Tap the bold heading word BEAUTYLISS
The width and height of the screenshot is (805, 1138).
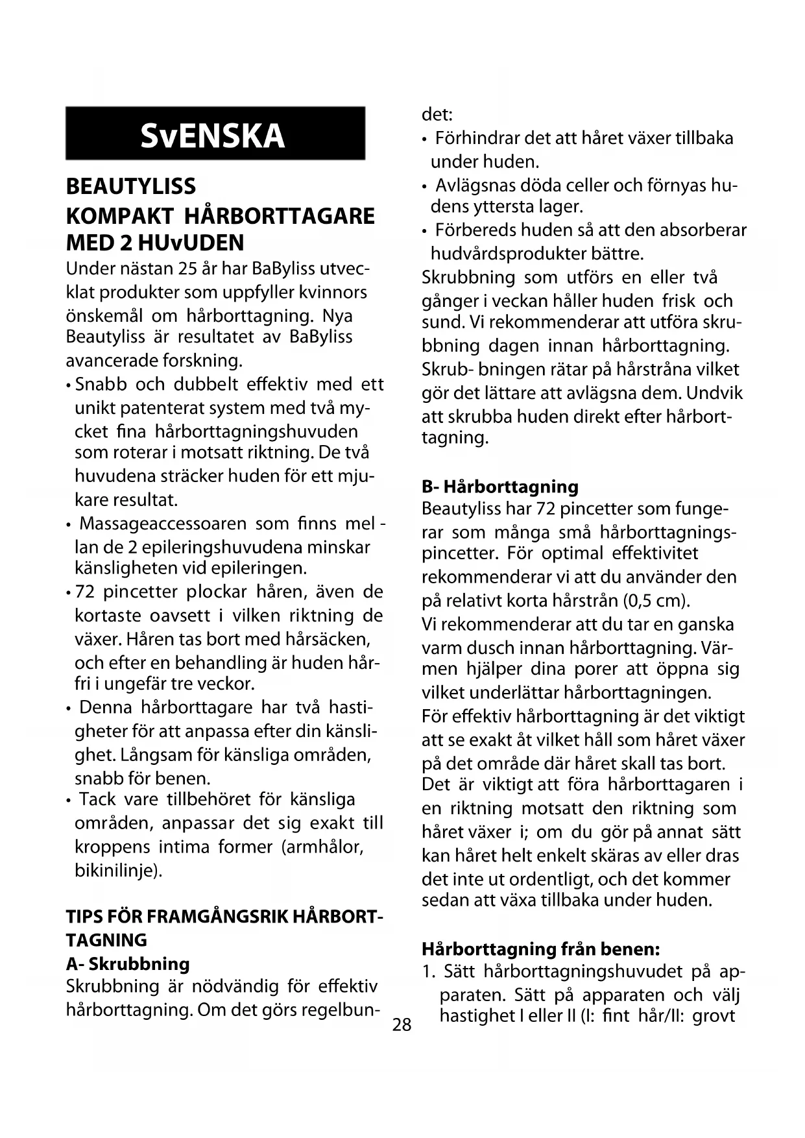tap(131, 187)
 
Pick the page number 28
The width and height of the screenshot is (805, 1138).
tap(402, 1024)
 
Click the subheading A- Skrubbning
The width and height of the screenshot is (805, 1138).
tap(128, 963)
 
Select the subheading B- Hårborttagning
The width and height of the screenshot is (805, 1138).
tap(499, 487)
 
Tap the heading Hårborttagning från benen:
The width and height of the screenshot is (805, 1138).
tap(541, 949)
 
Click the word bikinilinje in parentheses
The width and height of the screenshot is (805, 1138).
tap(115, 870)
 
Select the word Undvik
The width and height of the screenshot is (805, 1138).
tap(715, 393)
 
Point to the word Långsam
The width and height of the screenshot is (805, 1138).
tap(156, 755)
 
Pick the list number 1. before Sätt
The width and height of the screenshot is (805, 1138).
tap(428, 972)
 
